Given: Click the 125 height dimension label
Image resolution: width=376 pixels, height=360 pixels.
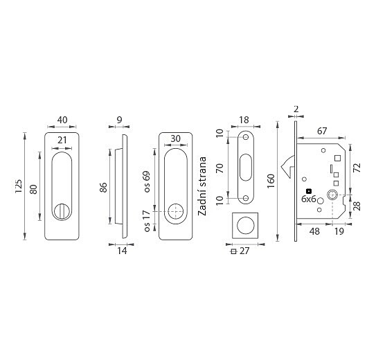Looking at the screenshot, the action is click(19, 186).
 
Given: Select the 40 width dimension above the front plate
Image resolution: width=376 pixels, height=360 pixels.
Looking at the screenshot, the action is click(62, 120).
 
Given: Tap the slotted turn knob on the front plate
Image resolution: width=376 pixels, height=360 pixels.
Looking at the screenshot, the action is click(62, 211).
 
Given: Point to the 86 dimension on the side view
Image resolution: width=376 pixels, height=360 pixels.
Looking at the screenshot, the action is click(103, 187).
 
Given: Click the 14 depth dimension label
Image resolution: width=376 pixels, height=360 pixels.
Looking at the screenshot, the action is click(122, 251).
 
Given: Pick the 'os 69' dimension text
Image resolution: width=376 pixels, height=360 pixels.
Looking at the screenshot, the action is click(147, 181).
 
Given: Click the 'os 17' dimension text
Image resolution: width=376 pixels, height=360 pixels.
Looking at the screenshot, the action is click(147, 221).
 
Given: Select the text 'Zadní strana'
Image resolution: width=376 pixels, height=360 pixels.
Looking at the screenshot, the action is click(202, 186).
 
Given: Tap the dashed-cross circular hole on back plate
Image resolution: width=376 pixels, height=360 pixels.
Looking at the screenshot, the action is click(175, 211).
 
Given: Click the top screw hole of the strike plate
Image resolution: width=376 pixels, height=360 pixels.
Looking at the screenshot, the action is click(246, 137).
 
